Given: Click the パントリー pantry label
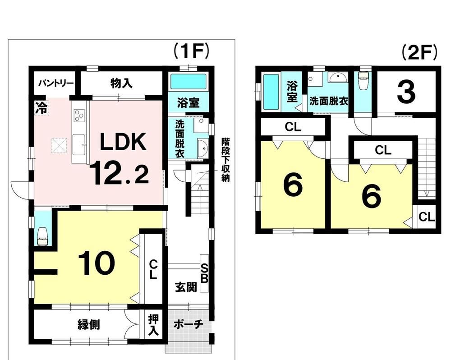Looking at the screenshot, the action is click(56, 83).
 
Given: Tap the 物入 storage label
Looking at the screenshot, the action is click(121, 83).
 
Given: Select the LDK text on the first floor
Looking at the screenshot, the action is click(123, 142).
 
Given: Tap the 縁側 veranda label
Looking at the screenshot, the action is click(88, 325).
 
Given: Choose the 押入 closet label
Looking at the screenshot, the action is click(153, 325).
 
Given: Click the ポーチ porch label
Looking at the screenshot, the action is click(189, 325).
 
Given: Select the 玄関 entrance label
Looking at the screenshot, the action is click(186, 287).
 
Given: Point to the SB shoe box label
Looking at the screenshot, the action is click(204, 274).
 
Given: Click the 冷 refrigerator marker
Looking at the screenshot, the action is click(41, 108).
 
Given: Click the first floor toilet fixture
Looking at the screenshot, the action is click(42, 237).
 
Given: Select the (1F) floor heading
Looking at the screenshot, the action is click(191, 51).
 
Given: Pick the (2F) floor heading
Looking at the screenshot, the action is click(419, 53).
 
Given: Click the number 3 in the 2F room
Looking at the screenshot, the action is click(406, 92).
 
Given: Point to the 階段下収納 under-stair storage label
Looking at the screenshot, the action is click(225, 160).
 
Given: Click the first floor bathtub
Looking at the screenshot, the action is click(189, 82).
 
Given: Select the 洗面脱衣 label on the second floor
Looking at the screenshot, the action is click(328, 102).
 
